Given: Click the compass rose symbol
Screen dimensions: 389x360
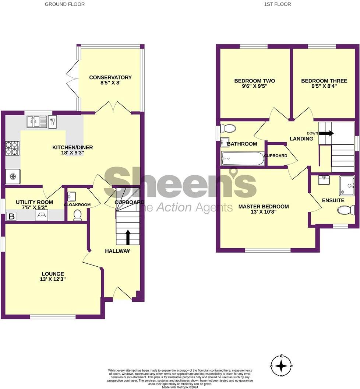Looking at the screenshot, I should [282, 365].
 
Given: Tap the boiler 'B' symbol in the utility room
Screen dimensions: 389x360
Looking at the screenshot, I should [11, 216].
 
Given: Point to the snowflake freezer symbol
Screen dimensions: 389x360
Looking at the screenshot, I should [13, 177].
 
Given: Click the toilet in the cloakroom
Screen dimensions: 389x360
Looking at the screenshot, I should [77, 215].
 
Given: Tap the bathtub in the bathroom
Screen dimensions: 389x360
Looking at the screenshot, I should [243, 159].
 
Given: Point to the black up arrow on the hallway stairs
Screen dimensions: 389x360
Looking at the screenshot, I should [128, 237].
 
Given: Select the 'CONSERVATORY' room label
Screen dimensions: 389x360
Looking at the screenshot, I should [110, 77].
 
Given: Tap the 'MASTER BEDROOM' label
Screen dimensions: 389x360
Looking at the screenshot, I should [264, 207].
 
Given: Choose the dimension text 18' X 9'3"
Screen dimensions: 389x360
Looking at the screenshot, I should [73, 153].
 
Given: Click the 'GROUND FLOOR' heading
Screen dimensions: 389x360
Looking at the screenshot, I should [64, 4].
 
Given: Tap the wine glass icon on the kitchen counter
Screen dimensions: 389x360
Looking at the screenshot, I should [52, 121].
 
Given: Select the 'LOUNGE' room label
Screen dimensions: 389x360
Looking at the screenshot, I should [53, 274].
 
